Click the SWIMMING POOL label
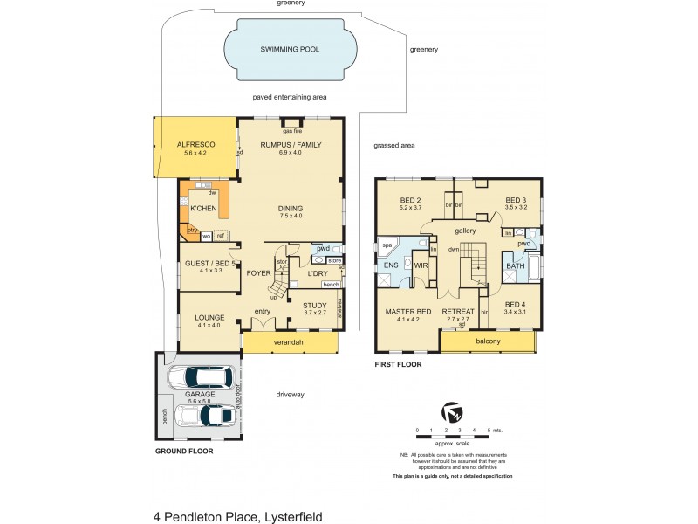point(291,50)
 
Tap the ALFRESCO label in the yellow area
point(196,144)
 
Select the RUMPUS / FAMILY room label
point(291,144)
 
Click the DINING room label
point(291,209)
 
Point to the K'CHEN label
point(202,209)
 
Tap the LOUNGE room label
point(210,317)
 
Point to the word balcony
point(488,341)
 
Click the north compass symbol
point(451,410)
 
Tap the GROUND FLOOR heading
point(184,452)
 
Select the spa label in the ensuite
point(387,246)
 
